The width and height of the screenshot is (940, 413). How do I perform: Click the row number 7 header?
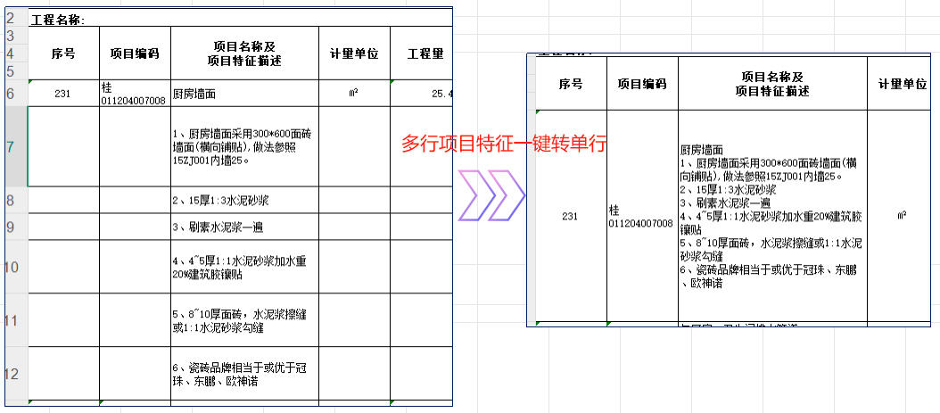click(x=12, y=145)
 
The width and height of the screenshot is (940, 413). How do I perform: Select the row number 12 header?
click(x=12, y=374)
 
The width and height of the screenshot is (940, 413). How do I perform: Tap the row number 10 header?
click(x=12, y=267)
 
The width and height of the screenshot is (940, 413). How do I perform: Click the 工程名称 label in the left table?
click(x=57, y=19)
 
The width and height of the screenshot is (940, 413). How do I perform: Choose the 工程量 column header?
click(x=425, y=54)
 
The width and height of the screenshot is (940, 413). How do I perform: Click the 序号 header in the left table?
click(x=62, y=54)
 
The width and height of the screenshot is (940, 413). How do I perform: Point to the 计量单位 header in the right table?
click(x=903, y=84)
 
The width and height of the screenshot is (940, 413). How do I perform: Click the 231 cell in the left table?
click(x=62, y=93)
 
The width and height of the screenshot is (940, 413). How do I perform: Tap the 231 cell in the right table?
click(x=571, y=216)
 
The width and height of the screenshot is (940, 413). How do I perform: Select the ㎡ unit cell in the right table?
click(x=903, y=216)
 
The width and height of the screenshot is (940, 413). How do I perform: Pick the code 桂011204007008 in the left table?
click(x=134, y=93)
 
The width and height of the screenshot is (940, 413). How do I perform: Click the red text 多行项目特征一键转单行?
click(x=504, y=144)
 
